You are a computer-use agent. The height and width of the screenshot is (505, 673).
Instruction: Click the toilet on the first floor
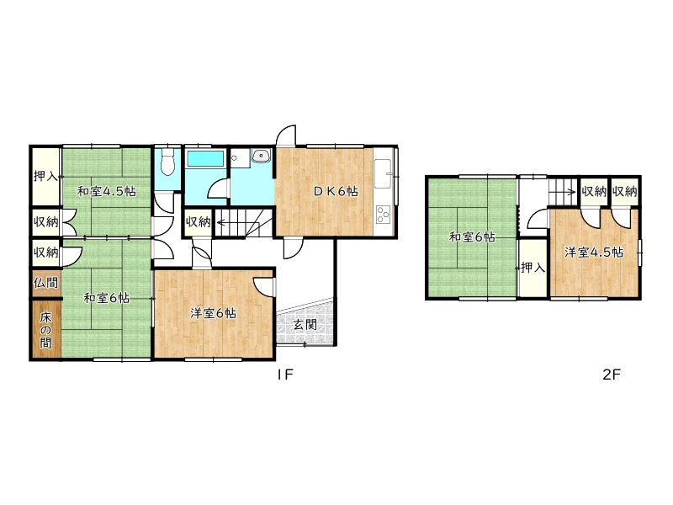(167, 162)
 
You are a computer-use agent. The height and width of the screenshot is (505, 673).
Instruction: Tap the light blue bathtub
(206, 158)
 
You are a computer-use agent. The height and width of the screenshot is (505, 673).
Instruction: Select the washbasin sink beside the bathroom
(261, 156)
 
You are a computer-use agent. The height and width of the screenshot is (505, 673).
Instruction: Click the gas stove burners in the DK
(383, 215)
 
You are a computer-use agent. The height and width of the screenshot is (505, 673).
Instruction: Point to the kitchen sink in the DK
(383, 173)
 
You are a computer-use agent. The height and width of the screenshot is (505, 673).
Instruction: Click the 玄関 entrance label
(305, 325)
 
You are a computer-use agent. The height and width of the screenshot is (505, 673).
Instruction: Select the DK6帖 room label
(336, 191)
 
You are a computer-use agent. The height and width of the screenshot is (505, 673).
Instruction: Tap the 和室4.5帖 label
(107, 191)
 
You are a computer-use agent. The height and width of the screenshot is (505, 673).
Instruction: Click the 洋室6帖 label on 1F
(213, 313)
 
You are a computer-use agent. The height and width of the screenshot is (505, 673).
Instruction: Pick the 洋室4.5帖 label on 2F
(594, 252)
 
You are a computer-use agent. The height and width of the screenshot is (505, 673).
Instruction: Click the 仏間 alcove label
(46, 283)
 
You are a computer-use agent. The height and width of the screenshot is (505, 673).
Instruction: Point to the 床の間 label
(46, 330)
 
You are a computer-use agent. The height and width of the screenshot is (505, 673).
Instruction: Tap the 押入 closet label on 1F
(46, 176)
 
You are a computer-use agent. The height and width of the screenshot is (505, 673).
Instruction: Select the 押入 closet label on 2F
(533, 268)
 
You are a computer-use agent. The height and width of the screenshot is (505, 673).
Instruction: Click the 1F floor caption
(284, 375)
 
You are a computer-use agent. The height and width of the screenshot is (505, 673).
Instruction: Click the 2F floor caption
(612, 375)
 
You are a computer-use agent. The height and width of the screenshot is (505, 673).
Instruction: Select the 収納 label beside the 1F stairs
(198, 221)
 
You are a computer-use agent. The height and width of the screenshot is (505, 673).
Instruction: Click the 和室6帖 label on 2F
(472, 237)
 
